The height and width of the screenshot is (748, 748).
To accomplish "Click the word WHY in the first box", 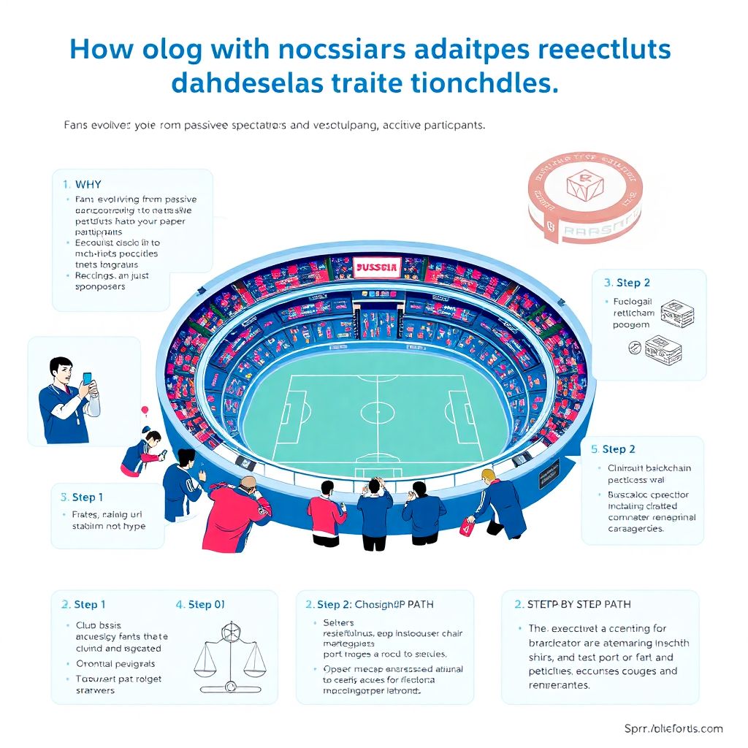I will (88, 185).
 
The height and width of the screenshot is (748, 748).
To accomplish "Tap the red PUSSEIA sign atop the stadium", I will (376, 268).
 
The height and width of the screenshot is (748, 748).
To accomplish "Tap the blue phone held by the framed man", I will (88, 379).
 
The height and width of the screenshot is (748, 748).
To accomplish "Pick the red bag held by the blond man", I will (465, 527).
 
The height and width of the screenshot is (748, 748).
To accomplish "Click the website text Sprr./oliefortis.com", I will (673, 728).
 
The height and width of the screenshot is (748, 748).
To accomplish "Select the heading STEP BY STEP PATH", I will (579, 604).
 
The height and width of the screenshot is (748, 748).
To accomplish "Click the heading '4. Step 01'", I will (200, 604).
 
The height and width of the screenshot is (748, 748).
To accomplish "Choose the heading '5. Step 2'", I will (613, 449).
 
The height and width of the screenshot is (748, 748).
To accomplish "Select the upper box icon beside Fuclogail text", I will (677, 312).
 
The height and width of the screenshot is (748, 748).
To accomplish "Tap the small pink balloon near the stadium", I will (145, 410).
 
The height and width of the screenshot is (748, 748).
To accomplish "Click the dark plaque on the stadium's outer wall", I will (549, 477).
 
